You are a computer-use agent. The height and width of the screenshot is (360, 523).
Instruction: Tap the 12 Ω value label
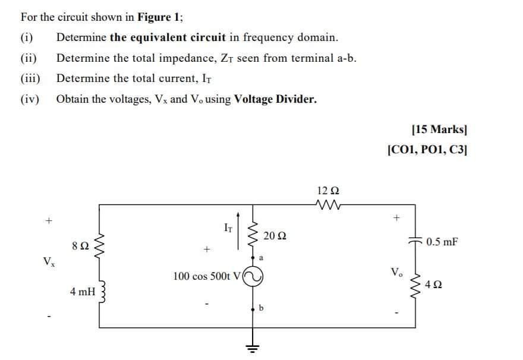(329, 191)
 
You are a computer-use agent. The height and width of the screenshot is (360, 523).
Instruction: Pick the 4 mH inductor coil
(99, 292)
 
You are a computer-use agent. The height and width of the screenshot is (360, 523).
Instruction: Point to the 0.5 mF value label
(442, 242)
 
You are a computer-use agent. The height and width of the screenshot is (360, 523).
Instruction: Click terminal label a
(261, 258)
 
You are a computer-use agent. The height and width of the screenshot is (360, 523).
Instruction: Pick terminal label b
(262, 308)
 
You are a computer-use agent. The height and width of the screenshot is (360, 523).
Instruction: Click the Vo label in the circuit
(395, 272)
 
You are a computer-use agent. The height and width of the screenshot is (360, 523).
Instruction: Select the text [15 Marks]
(434, 130)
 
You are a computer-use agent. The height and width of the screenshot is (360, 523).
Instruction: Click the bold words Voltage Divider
(275, 99)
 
